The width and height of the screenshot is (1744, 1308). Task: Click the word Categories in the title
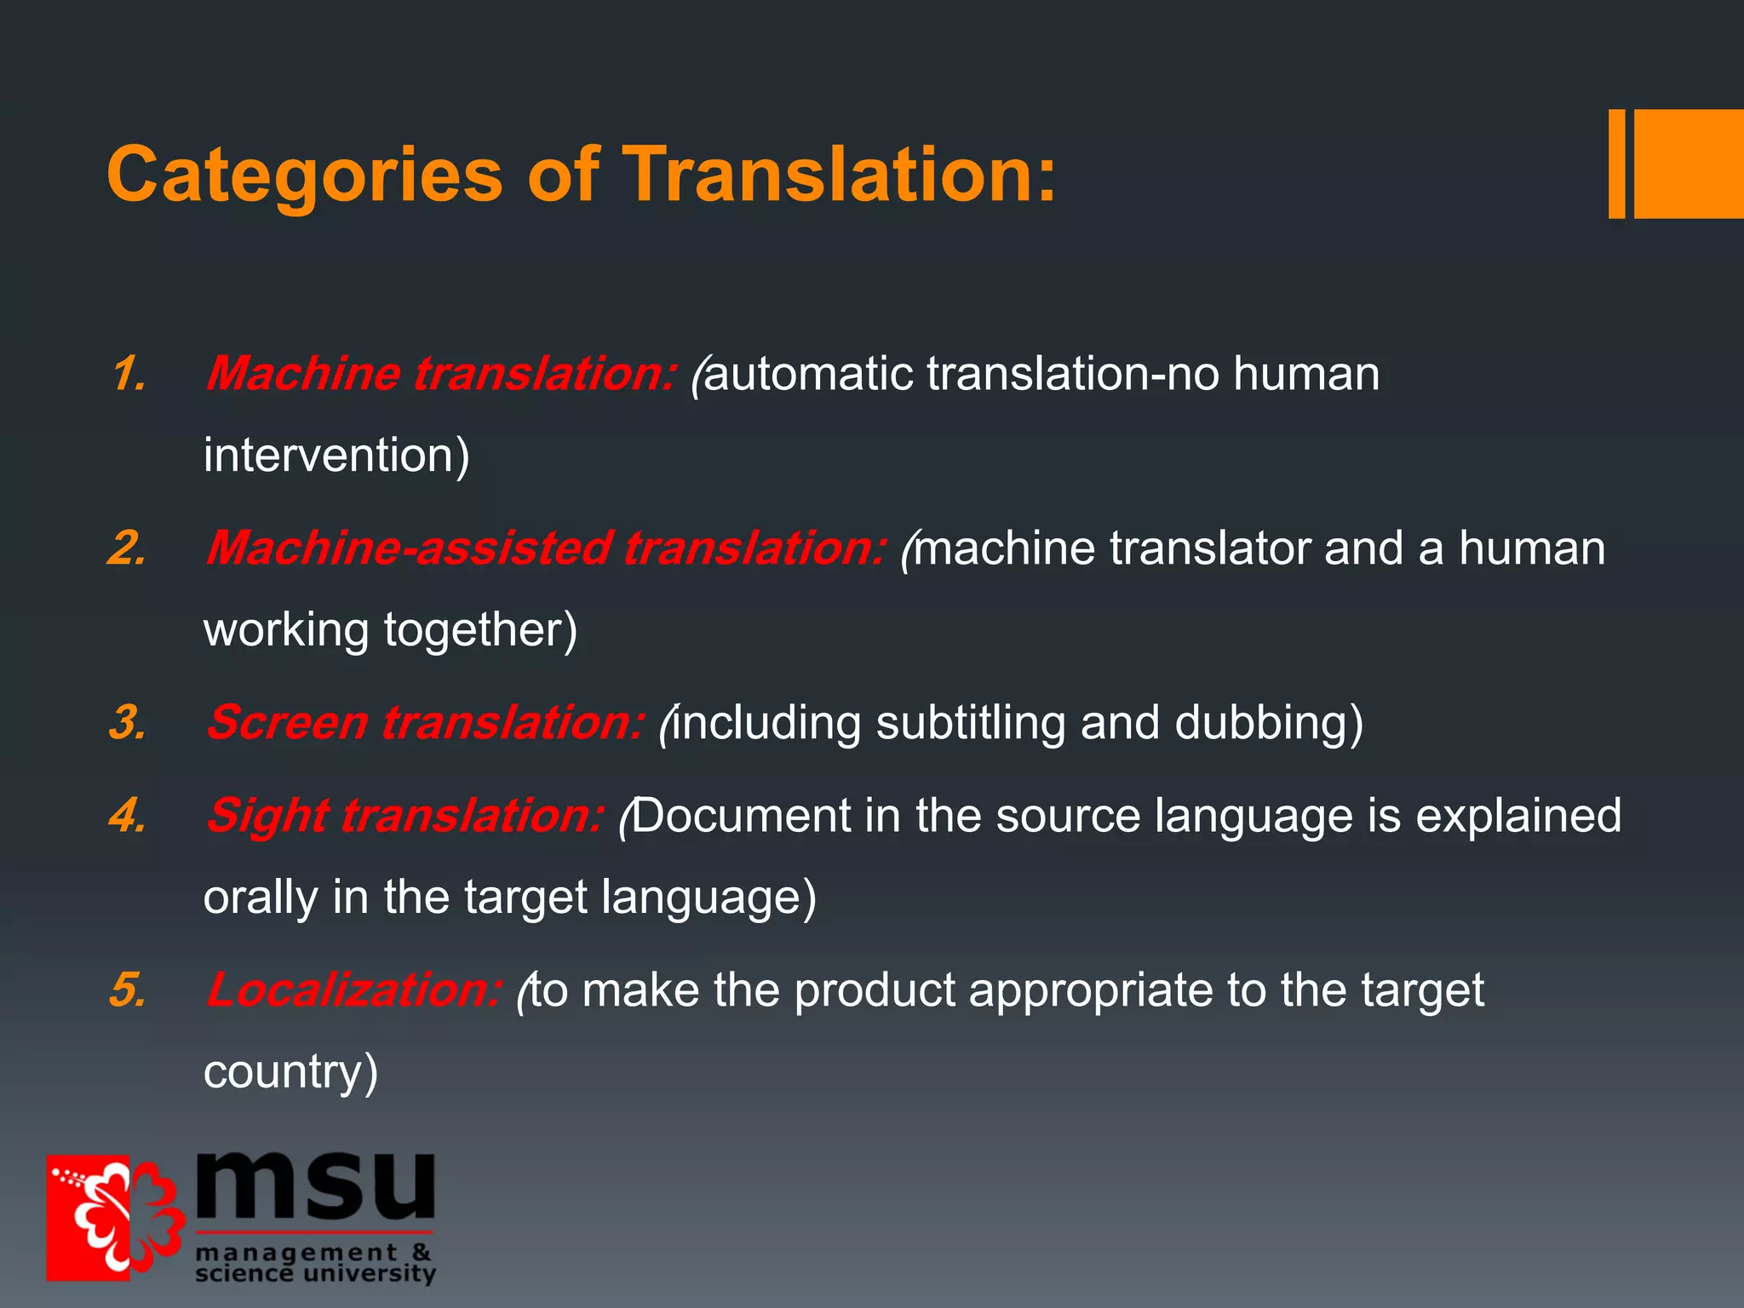(x=304, y=175)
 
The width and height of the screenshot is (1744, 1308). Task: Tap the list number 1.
(x=129, y=375)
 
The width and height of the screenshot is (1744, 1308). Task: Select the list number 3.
(x=127, y=723)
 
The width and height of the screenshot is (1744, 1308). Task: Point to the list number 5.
(x=127, y=990)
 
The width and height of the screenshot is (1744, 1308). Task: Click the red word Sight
(x=267, y=817)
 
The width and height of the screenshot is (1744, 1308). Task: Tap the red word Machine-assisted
(x=408, y=548)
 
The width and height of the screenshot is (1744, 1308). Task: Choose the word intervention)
(x=336, y=456)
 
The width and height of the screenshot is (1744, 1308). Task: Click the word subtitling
(x=970, y=723)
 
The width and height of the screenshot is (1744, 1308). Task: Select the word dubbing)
(x=1269, y=723)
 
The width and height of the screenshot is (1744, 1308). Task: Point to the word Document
(x=741, y=816)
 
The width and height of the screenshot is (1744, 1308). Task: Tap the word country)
(x=290, y=1072)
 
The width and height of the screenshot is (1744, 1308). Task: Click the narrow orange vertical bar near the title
(x=1616, y=163)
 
